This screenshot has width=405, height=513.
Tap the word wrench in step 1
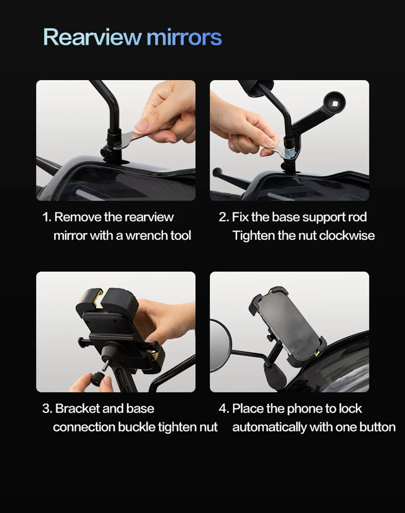point(146,235)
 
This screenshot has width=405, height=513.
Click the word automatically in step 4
point(269,427)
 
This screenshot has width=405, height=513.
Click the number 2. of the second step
point(224,217)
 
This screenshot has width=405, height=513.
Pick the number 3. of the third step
point(47,409)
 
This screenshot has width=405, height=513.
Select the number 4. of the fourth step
point(224,409)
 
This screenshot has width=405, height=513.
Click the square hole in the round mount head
point(335,103)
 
